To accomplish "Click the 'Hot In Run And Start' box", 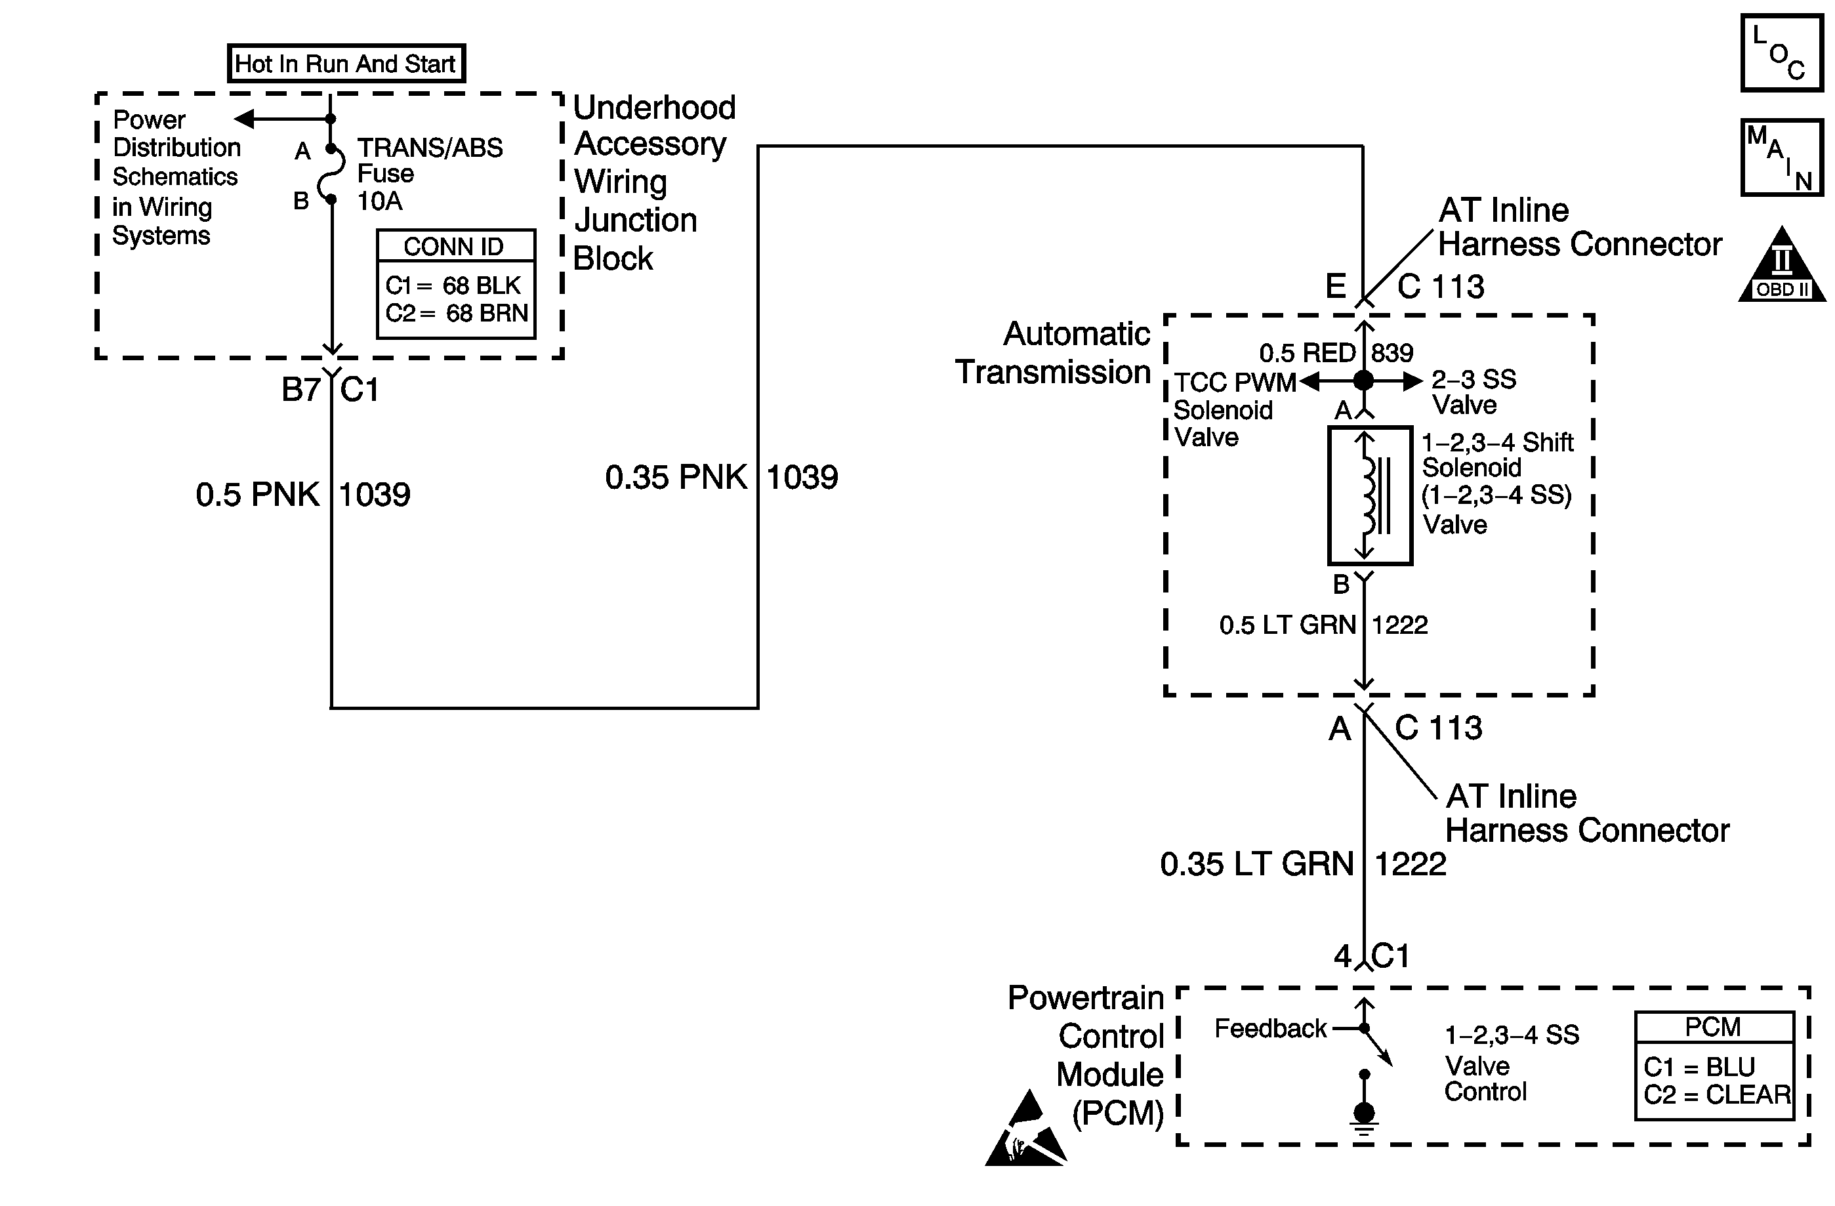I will (346, 63).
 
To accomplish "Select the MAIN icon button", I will (1781, 157).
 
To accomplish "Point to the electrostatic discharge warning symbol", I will (1025, 1131).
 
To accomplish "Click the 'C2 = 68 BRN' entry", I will (457, 313).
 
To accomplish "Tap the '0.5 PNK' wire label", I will (257, 494).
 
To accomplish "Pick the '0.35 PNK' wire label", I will (675, 477).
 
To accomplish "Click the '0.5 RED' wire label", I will (1307, 353).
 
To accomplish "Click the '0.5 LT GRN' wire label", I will (1287, 625).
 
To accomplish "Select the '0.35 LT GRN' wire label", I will (1257, 863).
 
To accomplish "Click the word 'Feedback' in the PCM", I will (1270, 1029).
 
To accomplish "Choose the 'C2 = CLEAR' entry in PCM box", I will (1717, 1095).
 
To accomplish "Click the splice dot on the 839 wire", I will (1364, 380).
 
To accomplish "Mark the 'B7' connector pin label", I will (300, 389).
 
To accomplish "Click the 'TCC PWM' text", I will (1235, 383).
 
